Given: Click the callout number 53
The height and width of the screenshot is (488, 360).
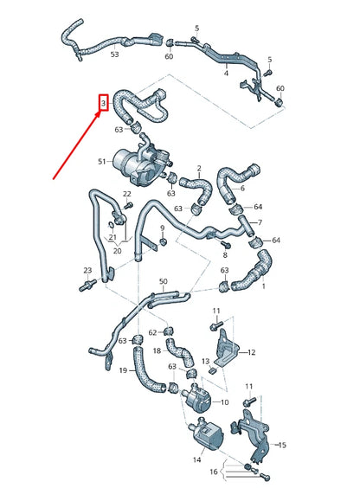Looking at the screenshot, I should click(115, 55).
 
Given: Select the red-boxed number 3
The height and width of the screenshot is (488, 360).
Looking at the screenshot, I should click(103, 104).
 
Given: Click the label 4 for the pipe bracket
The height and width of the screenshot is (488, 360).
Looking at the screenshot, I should click(227, 74).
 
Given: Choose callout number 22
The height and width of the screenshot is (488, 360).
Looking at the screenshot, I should click(127, 194).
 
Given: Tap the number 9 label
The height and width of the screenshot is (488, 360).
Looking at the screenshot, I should click(162, 228).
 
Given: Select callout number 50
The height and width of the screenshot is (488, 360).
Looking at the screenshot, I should click(163, 282).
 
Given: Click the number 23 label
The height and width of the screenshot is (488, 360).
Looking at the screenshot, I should click(87, 271).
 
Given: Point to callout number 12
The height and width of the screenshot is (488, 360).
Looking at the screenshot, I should click(251, 352).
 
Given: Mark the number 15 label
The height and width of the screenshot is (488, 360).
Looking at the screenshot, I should click(282, 444).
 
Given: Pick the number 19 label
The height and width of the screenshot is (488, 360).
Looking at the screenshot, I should click(124, 370).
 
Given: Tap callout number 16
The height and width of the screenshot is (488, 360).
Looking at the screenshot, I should click(214, 473).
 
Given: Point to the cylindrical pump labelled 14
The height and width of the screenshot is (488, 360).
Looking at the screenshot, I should click(206, 427).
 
